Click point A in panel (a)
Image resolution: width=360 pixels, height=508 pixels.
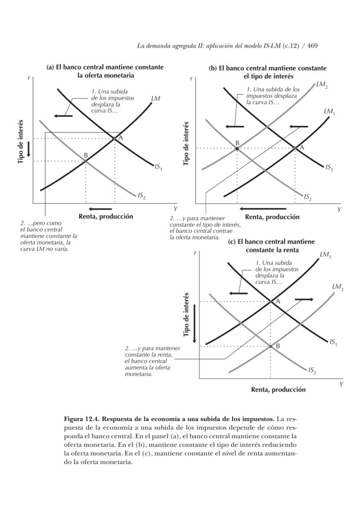click(x=114, y=138)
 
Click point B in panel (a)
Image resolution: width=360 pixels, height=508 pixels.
click(x=86, y=161)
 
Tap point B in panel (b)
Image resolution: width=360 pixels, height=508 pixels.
click(x=237, y=148)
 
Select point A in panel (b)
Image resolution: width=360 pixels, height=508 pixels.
click(x=296, y=148)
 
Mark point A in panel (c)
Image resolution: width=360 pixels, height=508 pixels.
click(x=270, y=301)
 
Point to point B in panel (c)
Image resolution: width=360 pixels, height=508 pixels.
click(x=270, y=346)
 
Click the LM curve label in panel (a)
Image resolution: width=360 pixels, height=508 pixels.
click(x=155, y=99)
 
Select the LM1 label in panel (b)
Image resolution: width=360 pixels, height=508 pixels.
click(x=329, y=112)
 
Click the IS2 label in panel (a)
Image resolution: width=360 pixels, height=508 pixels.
click(x=141, y=196)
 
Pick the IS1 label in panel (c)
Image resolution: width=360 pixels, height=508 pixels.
click(x=333, y=343)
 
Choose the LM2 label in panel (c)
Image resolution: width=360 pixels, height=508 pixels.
click(x=337, y=287)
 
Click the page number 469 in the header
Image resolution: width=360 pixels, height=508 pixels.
click(x=312, y=46)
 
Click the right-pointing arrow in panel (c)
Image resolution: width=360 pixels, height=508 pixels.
click(x=304, y=300)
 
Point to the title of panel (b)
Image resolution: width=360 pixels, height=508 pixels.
click(x=267, y=72)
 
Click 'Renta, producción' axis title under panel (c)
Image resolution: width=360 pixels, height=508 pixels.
click(x=278, y=390)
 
